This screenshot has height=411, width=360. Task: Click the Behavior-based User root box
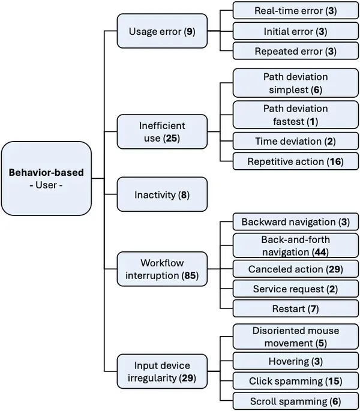[46, 178]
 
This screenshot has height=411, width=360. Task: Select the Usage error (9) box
[162, 31]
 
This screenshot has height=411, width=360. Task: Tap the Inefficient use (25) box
[162, 132]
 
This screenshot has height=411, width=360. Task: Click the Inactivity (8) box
[162, 194]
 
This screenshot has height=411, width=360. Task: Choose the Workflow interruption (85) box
[162, 269]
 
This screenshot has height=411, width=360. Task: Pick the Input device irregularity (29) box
[162, 372]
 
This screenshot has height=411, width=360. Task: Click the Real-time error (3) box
[295, 11]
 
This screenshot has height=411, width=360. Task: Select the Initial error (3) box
[295, 31]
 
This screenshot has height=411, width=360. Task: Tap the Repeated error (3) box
[295, 51]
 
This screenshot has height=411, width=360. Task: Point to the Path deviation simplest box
[295, 83]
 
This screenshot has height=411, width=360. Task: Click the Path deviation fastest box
[295, 115]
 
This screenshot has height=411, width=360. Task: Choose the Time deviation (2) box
[295, 141]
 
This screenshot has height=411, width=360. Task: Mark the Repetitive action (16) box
[295, 161]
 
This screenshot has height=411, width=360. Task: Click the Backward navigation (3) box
[295, 222]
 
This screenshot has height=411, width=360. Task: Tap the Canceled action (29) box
[295, 268]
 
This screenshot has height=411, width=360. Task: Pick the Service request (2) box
[295, 289]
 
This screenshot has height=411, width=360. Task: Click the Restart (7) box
[295, 309]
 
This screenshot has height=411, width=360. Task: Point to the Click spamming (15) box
[295, 381]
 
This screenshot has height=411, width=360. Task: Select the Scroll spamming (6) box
[295, 401]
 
